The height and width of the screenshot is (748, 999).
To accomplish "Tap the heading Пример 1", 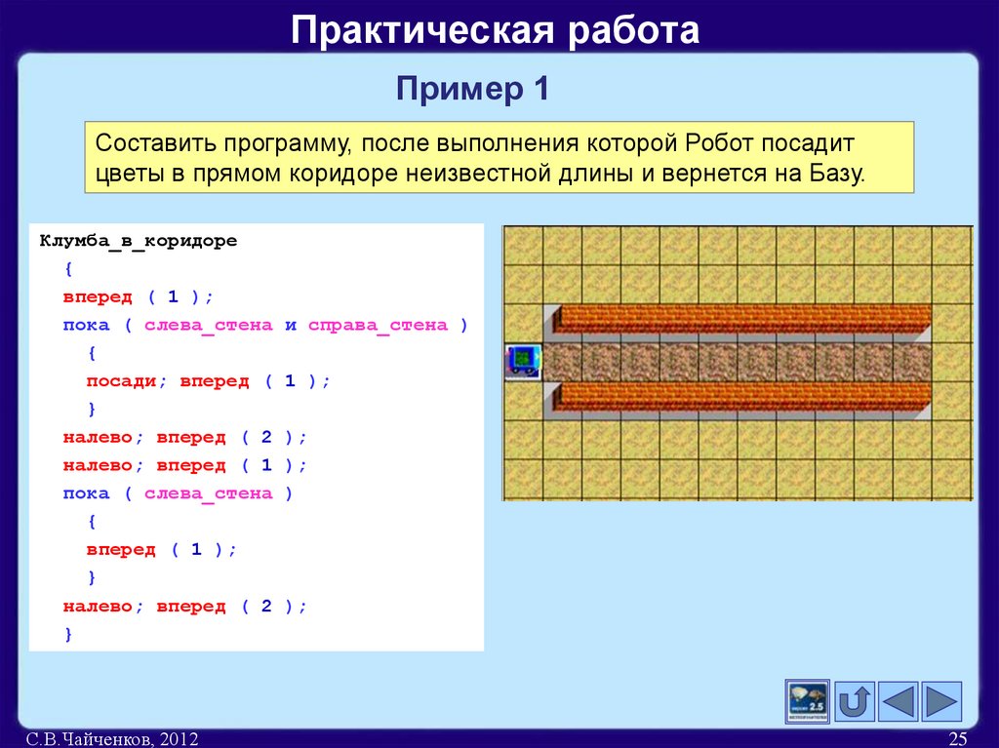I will pyautogui.click(x=473, y=91).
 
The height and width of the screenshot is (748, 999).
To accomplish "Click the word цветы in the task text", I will pyautogui.click(x=128, y=175).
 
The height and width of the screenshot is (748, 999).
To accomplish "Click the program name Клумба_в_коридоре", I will pyautogui.click(x=138, y=241).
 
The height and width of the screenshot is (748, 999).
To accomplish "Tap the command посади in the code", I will pyautogui.click(x=116, y=381).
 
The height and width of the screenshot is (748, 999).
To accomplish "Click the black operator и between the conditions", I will pyautogui.click(x=290, y=325).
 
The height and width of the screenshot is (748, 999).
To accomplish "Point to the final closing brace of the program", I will pyautogui.click(x=68, y=634).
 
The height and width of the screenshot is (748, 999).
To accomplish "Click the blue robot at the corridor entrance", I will pyautogui.click(x=522, y=361).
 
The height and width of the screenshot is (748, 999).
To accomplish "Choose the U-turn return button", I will pyautogui.click(x=855, y=701).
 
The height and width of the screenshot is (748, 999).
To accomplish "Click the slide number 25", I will pyautogui.click(x=957, y=739).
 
